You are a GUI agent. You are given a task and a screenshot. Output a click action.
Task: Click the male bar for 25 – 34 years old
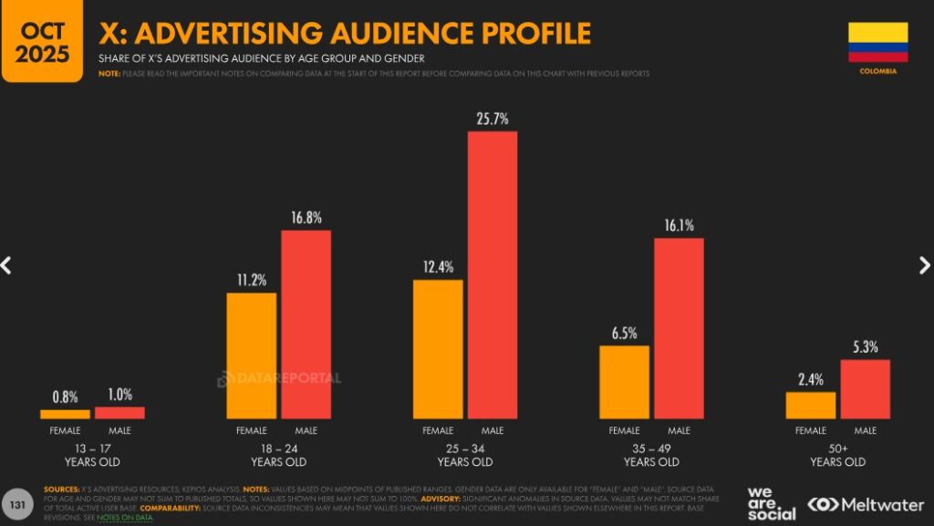[x=493, y=274]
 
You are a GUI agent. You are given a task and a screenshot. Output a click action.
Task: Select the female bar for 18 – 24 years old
[x=251, y=356]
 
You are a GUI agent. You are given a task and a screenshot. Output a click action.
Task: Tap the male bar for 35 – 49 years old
[x=679, y=328]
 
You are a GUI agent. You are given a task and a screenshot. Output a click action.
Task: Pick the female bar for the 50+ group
[x=810, y=405]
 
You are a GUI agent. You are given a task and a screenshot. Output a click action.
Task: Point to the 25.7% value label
[x=493, y=119]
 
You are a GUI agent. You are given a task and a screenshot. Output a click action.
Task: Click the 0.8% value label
[x=66, y=397]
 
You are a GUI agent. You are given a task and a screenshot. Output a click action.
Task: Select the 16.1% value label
[x=679, y=225]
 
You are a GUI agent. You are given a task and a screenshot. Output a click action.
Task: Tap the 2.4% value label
[x=810, y=379]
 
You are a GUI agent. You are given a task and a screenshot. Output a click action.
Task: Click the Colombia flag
[x=877, y=42]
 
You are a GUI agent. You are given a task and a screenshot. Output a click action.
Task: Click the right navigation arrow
[x=923, y=265]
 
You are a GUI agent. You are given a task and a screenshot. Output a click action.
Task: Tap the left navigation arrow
[x=7, y=265]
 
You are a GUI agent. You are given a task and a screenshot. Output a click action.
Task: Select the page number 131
[x=17, y=503]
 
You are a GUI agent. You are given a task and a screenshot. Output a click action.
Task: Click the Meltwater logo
[x=865, y=504]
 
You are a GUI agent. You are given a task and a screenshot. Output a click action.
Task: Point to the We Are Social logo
[x=771, y=503]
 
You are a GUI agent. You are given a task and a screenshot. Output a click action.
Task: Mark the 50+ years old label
[x=837, y=455]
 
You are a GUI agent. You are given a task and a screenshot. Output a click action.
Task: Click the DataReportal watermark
[x=279, y=378]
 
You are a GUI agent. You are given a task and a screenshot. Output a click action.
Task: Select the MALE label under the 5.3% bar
[x=865, y=430]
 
